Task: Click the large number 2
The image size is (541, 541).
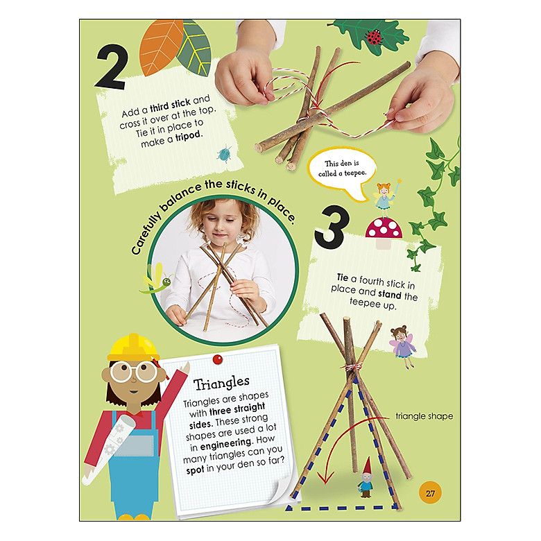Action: pyautogui.click(x=111, y=67)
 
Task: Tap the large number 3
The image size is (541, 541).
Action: pyautogui.click(x=332, y=227)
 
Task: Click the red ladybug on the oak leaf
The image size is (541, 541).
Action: pyautogui.click(x=374, y=37)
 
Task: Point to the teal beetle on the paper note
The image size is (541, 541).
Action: pyautogui.click(x=225, y=154)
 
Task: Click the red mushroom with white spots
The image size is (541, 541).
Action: pyautogui.click(x=384, y=232)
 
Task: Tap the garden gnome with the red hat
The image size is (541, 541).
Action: pyautogui.click(x=366, y=477)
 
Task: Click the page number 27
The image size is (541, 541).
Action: pyautogui.click(x=430, y=493)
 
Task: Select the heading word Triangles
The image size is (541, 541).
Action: pyautogui.click(x=221, y=383)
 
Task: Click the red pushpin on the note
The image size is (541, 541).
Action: pyautogui.click(x=217, y=359)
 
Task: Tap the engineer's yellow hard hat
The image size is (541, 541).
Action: pyautogui.click(x=133, y=347)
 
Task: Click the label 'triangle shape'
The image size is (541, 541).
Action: pyautogui.click(x=424, y=416)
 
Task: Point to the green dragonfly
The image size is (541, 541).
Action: pyautogui.click(x=157, y=280)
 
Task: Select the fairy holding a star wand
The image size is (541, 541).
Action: pyautogui.click(x=386, y=198)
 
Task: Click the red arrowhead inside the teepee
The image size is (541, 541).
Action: pyautogui.click(x=325, y=478)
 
